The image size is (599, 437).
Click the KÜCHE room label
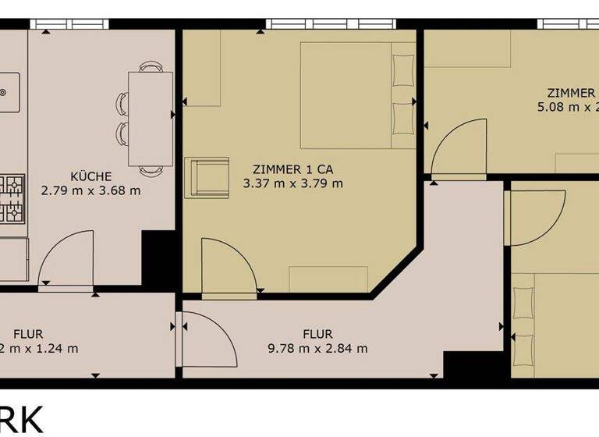pos(90,176)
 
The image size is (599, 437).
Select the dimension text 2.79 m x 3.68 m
pos(90,190)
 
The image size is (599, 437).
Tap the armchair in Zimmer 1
pos(206,177)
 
